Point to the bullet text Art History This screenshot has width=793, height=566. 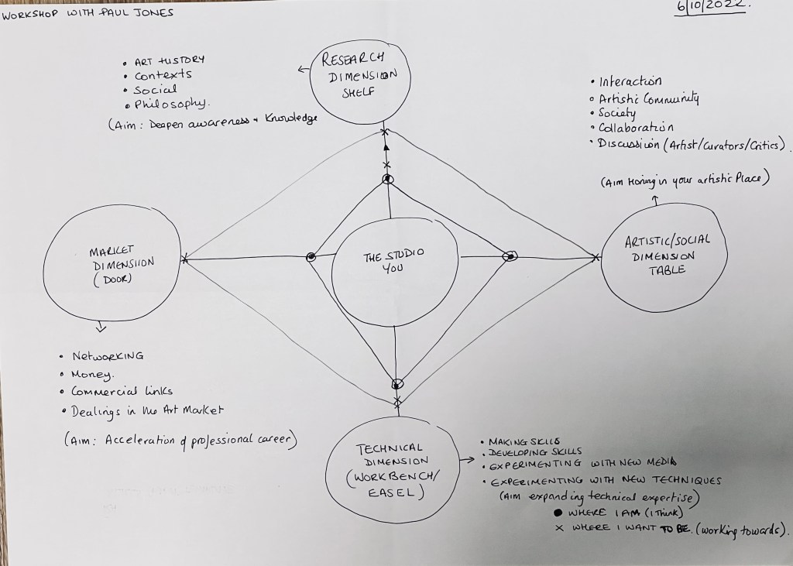point(170,60)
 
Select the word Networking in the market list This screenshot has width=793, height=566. point(108,357)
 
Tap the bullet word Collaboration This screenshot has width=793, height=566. point(637,128)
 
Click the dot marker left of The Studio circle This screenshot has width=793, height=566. point(311,256)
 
